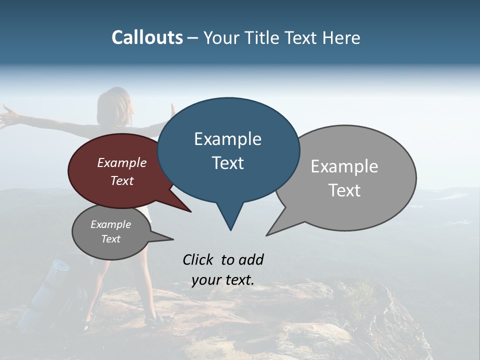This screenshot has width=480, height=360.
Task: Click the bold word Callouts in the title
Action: pyautogui.click(x=147, y=37)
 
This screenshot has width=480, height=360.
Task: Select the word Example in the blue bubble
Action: pyautogui.click(x=227, y=139)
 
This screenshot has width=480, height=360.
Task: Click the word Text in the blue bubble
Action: pyautogui.click(x=228, y=163)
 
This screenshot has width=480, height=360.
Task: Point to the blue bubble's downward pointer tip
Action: pyautogui.click(x=230, y=229)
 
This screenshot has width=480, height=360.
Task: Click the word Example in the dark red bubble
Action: pyautogui.click(x=121, y=163)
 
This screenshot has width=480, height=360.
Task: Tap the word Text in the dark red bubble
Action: pyautogui.click(x=122, y=180)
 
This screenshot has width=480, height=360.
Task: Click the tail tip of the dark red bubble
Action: pyautogui.click(x=190, y=211)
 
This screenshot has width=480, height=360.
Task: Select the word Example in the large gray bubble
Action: pyautogui.click(x=344, y=166)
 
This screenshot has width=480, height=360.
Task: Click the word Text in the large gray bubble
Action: pyautogui.click(x=344, y=190)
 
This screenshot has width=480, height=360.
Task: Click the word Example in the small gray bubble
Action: pyautogui.click(x=110, y=224)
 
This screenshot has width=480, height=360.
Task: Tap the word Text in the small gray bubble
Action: pyautogui.click(x=110, y=239)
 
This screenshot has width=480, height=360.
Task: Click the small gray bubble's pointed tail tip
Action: pyautogui.click(x=173, y=238)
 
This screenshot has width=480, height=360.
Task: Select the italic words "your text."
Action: pyautogui.click(x=223, y=280)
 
